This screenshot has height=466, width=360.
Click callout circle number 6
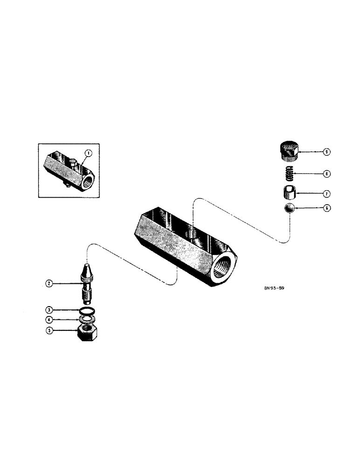point(326,208)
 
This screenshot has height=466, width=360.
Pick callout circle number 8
point(326,173)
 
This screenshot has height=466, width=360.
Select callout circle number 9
point(326,152)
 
